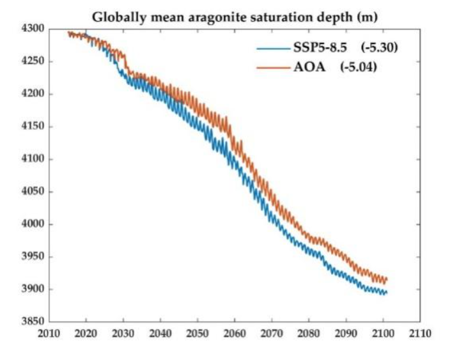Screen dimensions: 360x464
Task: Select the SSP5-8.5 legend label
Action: [314, 47]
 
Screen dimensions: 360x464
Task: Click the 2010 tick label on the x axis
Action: [49, 333]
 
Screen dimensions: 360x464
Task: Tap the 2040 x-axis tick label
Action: [160, 333]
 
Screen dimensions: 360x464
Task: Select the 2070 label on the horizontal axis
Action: [272, 333]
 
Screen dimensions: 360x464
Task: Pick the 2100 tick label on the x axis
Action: [383, 333]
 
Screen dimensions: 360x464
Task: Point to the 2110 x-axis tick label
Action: [420, 333]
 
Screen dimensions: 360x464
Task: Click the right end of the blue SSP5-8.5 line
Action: [386, 292]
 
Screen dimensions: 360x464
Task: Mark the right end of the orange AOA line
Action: [387, 279]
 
